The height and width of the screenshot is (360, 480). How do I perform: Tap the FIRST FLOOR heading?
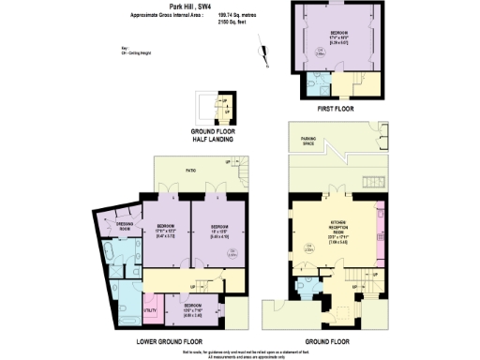337,109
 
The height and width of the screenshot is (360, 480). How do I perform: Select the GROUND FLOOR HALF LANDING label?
213,135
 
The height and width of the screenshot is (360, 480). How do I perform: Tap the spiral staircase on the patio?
245,174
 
